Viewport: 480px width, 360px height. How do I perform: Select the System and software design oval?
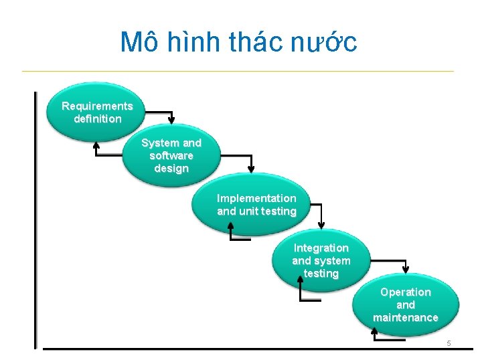tap(171, 155)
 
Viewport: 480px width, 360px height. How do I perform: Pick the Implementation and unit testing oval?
tap(256, 205)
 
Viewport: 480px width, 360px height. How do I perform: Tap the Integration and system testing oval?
tap(321, 261)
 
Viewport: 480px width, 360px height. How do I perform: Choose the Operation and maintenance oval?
tap(406, 304)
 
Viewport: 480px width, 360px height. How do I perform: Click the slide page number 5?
tap(449, 343)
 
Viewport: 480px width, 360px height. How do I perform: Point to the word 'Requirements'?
tap(97, 106)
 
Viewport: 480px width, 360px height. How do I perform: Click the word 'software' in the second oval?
tap(171, 155)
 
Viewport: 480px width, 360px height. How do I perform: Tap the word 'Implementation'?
tap(256, 198)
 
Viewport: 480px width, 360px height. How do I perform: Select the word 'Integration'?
tap(321, 248)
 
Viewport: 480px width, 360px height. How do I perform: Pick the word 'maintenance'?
tap(406, 317)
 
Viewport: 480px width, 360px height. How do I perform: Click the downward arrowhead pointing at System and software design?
tap(171, 120)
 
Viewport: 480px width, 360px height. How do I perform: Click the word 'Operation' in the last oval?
tap(406, 292)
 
